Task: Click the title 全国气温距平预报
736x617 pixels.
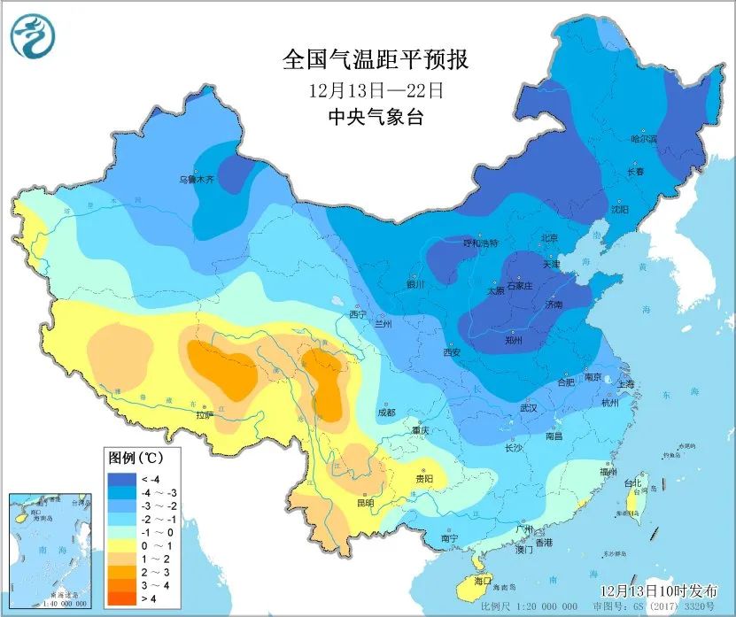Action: click(x=375, y=60)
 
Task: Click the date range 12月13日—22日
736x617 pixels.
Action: click(x=375, y=89)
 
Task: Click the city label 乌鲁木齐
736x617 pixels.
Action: click(x=196, y=179)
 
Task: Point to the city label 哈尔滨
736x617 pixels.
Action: click(x=643, y=139)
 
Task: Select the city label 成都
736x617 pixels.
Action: click(x=385, y=412)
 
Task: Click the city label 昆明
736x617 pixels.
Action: click(x=365, y=503)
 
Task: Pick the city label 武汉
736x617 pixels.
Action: click(x=529, y=408)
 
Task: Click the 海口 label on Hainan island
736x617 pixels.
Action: click(x=483, y=580)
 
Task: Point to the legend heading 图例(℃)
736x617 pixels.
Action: click(x=135, y=459)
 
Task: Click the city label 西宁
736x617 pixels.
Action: click(x=357, y=314)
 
